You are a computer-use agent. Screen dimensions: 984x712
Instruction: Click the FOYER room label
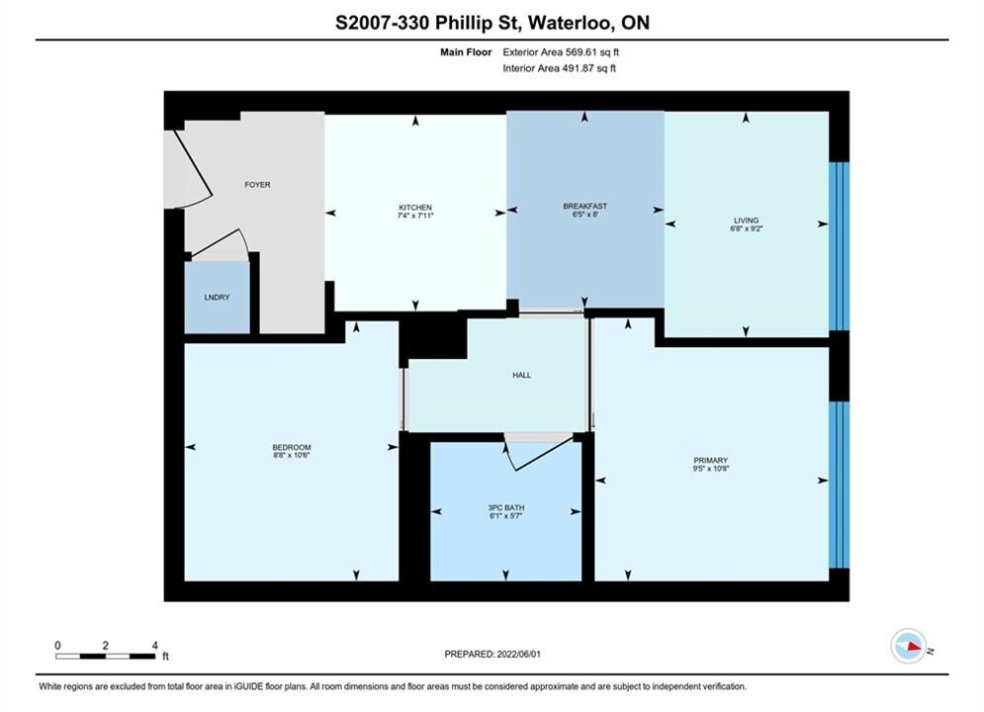click(257, 185)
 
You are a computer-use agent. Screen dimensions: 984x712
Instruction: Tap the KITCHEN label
click(415, 207)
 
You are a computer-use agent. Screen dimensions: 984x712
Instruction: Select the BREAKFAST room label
click(584, 206)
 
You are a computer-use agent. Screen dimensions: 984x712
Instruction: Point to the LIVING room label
click(746, 221)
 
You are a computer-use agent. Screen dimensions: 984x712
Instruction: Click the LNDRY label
click(218, 298)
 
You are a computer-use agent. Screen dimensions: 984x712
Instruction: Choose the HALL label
click(521, 375)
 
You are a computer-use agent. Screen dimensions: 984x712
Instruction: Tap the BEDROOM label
click(292, 447)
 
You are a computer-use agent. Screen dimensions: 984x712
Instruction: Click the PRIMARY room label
click(710, 460)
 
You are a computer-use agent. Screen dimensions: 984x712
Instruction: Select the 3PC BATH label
click(505, 507)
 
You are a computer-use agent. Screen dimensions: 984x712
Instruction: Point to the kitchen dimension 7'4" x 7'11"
click(415, 216)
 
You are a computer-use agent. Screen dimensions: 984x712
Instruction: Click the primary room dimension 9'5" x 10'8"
click(710, 468)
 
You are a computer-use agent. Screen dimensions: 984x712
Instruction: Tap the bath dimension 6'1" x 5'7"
click(505, 515)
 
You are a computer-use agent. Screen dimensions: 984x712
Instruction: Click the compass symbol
click(909, 646)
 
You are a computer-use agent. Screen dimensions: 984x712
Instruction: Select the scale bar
click(106, 657)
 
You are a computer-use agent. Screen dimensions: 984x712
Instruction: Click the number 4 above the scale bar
click(155, 645)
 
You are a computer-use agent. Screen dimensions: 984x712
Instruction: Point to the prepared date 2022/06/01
click(518, 654)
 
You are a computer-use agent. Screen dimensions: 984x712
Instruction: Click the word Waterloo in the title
click(570, 23)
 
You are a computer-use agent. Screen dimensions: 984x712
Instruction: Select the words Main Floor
click(466, 52)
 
